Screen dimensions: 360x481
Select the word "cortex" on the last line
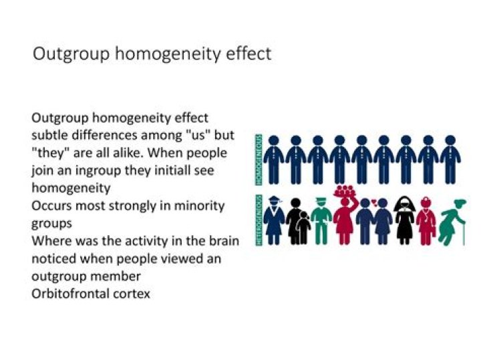[132, 293]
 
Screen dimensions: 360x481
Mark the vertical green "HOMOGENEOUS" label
[258, 159]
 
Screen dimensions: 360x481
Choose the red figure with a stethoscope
[426, 220]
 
